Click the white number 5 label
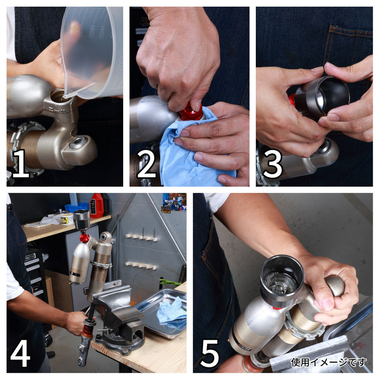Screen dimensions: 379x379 [x=209, y=354]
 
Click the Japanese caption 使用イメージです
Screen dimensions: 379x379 [x=329, y=362]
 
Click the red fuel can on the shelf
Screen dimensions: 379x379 [x=97, y=206]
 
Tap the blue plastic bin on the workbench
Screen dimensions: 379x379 [x=77, y=208]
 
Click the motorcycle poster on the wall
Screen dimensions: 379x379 [x=174, y=203]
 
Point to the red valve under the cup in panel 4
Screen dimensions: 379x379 [x=85, y=238]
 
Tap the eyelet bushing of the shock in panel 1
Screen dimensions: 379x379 [x=78, y=143]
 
